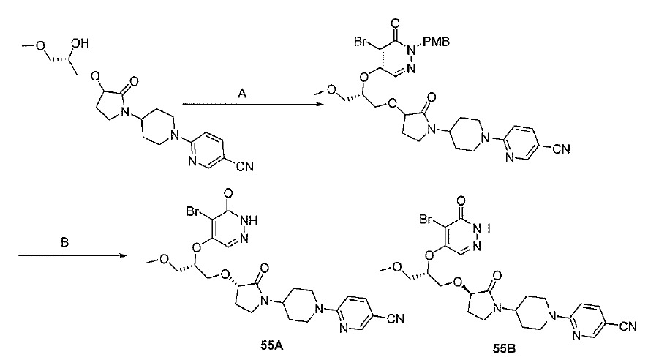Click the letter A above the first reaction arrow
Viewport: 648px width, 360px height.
point(242,94)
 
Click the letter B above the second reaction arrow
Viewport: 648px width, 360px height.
point(64,242)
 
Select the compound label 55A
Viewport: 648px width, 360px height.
point(272,345)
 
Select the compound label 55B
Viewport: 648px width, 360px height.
point(504,349)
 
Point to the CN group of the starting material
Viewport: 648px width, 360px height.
point(245,167)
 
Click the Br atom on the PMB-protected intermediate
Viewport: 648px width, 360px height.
point(361,42)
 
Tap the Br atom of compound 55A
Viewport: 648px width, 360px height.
point(193,211)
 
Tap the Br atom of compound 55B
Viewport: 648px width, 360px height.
point(426,219)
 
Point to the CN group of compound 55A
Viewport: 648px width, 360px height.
point(396,319)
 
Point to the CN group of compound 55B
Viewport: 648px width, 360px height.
point(628,326)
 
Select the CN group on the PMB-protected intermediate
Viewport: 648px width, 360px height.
point(561,149)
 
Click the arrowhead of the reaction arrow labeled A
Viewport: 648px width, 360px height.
point(320,104)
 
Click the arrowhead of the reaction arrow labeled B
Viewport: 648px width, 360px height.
point(122,255)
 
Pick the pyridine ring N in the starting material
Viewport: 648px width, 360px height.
point(192,161)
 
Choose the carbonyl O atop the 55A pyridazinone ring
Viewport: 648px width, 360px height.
point(227,193)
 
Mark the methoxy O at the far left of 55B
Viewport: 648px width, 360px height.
point(397,267)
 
